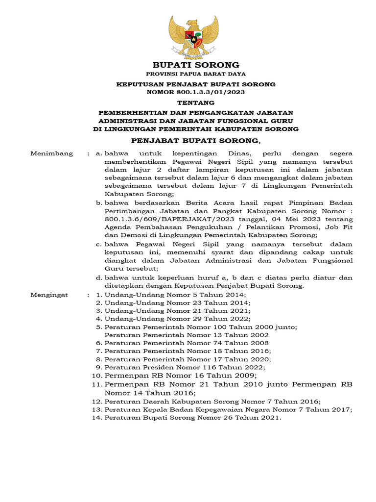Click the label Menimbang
click(x=51, y=153)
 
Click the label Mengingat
click(x=51, y=295)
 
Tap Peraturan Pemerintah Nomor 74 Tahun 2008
click(x=187, y=343)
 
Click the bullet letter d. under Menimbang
click(x=99, y=278)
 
